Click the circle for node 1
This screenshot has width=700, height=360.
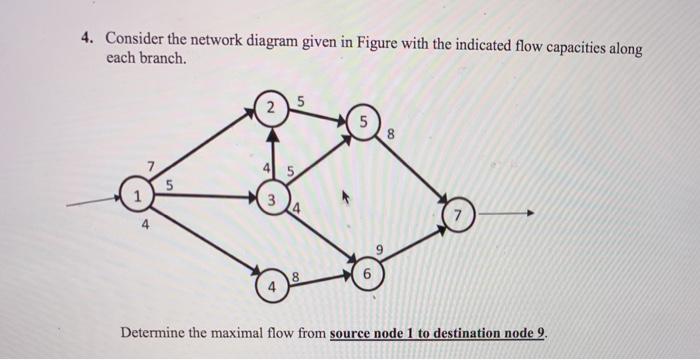click(x=132, y=196)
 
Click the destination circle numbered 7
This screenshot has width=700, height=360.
click(x=458, y=215)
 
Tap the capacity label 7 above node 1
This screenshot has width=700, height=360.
click(x=151, y=165)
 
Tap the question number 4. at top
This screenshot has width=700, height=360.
click(x=89, y=39)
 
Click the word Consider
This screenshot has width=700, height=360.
click(x=137, y=39)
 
